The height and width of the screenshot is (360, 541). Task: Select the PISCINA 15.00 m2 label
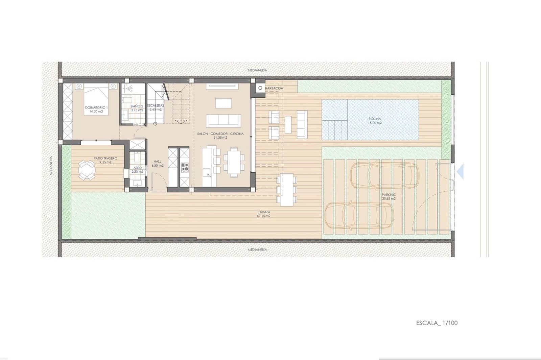pos(375,121)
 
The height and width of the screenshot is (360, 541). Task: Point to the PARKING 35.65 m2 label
pos(389,196)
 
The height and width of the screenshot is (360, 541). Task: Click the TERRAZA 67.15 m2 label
pos(263,214)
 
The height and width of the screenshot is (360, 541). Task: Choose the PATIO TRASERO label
pos(105,160)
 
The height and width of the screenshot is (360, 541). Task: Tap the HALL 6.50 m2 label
pos(158,164)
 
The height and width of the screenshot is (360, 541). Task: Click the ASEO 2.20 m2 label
pos(138,170)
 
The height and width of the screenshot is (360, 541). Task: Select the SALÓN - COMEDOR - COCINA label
pos(220,136)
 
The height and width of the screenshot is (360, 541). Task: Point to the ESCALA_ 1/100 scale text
pos(437,323)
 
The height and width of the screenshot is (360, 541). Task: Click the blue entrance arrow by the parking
pos(460,172)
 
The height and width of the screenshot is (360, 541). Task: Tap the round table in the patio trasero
pos(87,170)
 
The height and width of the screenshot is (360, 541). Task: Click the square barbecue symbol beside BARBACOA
pos(260,88)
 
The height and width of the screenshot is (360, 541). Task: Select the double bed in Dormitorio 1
pos(96,100)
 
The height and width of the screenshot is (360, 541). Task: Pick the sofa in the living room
pos(224,121)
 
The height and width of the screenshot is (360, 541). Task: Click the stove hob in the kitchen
pos(185,167)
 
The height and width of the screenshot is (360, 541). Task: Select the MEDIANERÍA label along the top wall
pos(257,70)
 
